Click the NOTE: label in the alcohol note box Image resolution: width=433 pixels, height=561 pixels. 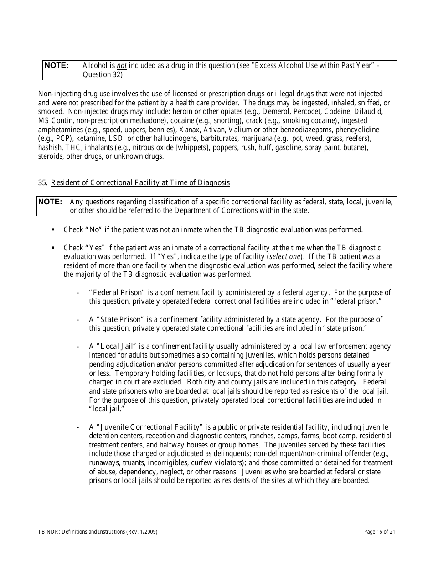click(57, 66)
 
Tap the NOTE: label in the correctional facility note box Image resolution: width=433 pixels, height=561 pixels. click(50, 202)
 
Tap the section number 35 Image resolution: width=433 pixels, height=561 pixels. click(43, 183)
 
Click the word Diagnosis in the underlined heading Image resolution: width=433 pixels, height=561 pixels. click(214, 183)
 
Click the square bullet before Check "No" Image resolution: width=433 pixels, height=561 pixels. click(53, 230)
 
